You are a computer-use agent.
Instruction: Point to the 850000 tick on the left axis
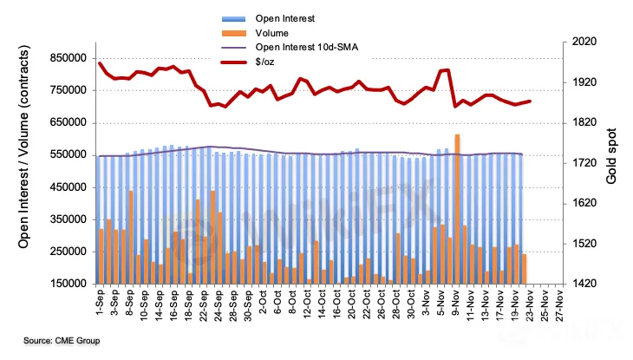pyautogui.click(x=69, y=58)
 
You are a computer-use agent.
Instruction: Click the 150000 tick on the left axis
pyautogui.click(x=69, y=284)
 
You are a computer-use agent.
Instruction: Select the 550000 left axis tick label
pyautogui.click(x=69, y=154)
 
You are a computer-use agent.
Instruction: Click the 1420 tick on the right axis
pyautogui.click(x=585, y=284)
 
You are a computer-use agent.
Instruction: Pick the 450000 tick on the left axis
pyautogui.click(x=69, y=187)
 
